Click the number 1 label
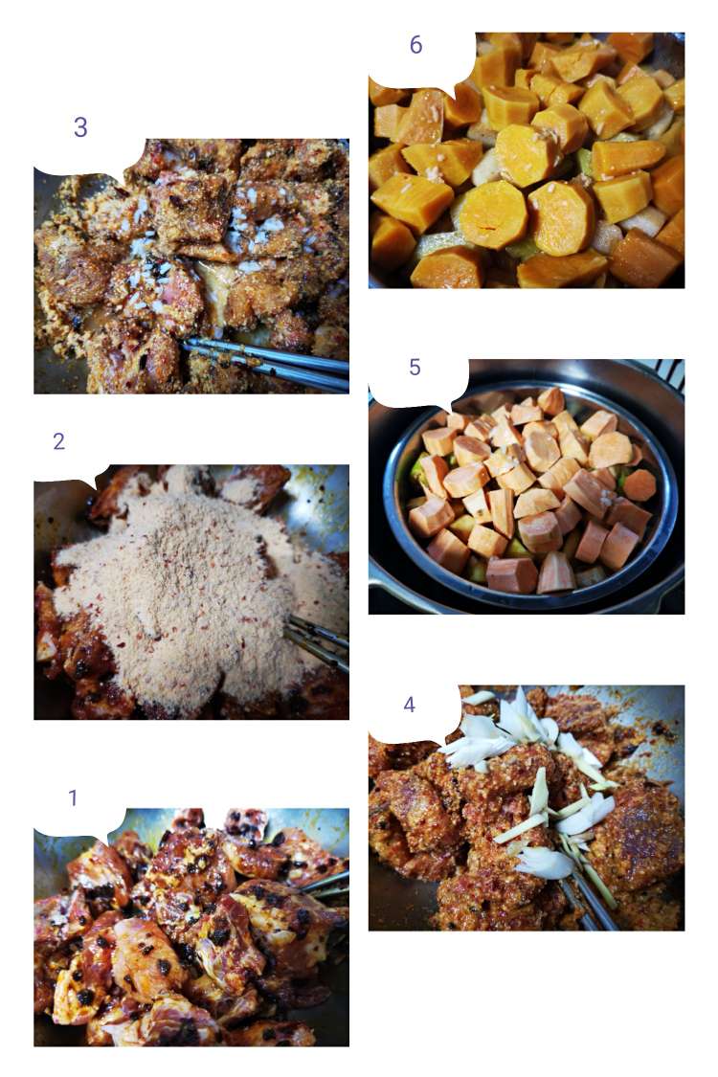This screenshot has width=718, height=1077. (73, 797)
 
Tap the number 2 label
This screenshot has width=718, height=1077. (59, 441)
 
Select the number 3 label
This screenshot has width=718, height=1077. (80, 127)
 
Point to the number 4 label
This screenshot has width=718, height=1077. (409, 704)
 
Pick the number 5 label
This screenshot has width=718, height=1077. (415, 367)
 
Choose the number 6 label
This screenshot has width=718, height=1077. (415, 45)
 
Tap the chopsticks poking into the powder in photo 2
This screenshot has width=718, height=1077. (318, 643)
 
